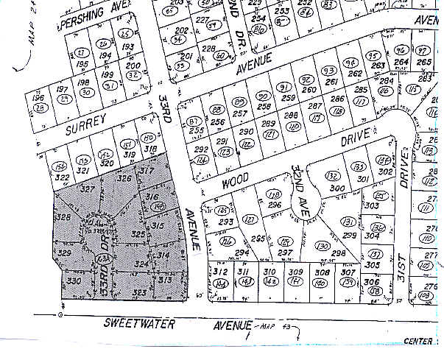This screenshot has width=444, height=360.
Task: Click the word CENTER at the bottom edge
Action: [417, 342]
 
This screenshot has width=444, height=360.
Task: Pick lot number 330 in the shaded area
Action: [73, 280]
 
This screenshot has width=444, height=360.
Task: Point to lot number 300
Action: [338, 188]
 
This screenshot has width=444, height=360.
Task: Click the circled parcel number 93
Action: [329, 71]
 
